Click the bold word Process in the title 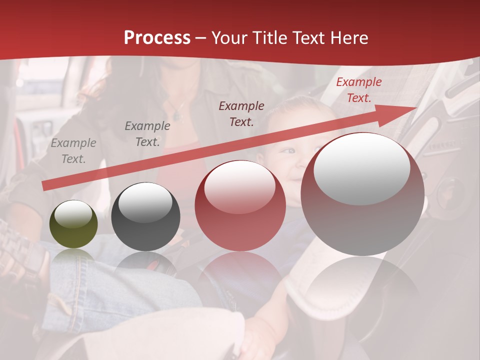click(157, 38)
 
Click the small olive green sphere click(73, 224)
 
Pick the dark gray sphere click(145, 216)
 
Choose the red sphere click(240, 205)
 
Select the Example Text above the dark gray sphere click(147, 134)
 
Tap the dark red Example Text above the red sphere click(241, 114)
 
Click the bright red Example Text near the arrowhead click(358, 90)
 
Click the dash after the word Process click(200, 38)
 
